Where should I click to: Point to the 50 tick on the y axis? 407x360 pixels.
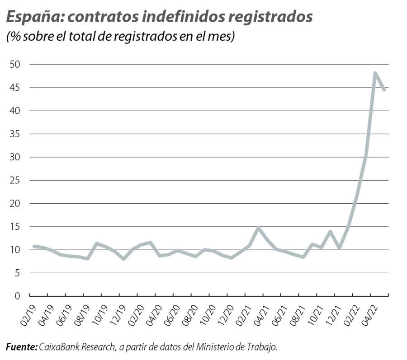point(15,64)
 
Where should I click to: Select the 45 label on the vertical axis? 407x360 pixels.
point(15,88)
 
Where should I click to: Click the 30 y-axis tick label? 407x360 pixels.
point(15,157)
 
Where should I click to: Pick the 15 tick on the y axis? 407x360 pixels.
point(15,227)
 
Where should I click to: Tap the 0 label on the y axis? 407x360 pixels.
point(18,296)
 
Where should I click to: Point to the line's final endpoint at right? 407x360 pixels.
point(384,90)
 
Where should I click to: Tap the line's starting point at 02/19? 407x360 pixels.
point(34,246)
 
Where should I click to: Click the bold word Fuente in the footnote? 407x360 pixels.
point(21,347)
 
